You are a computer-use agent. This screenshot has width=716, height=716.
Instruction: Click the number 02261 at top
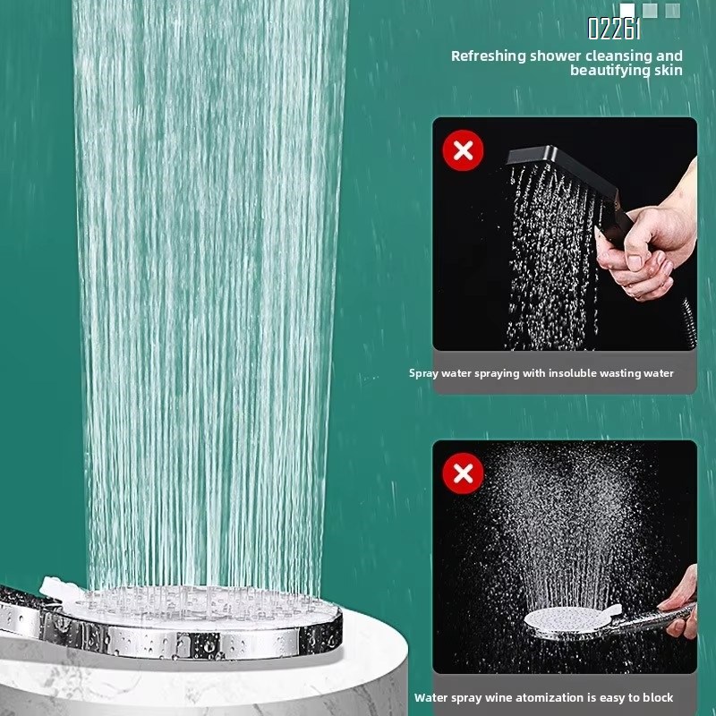pos(614,30)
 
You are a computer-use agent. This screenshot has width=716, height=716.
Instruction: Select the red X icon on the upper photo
pos(463,150)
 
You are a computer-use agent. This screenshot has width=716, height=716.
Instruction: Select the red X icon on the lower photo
pos(463,473)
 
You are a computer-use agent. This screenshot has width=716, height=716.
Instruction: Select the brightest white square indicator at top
pos(627,10)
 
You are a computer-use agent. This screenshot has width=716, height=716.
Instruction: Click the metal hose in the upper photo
pos(684,323)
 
